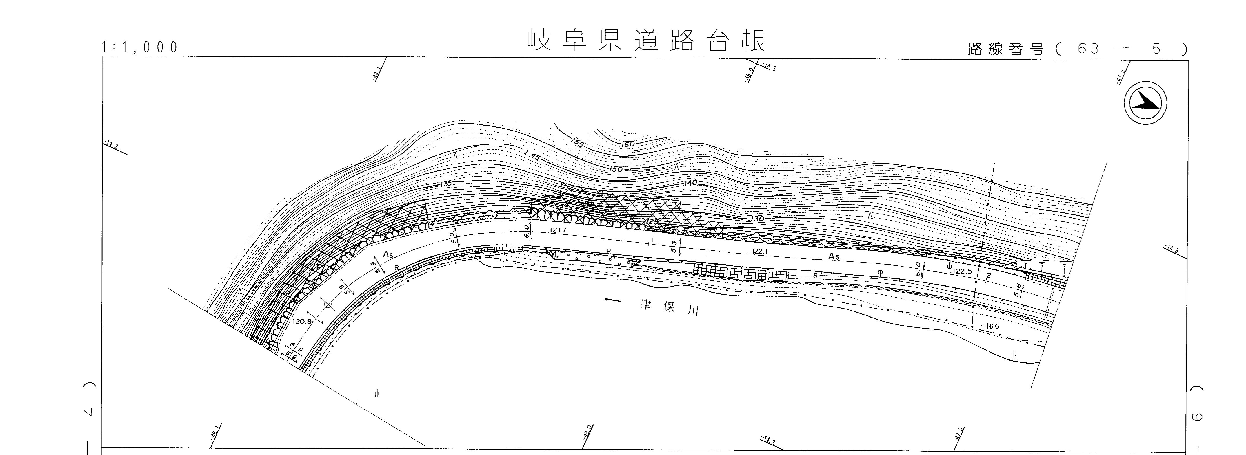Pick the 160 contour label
tap(629, 144)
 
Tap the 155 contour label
tap(576, 142)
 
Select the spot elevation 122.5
tap(962, 271)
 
